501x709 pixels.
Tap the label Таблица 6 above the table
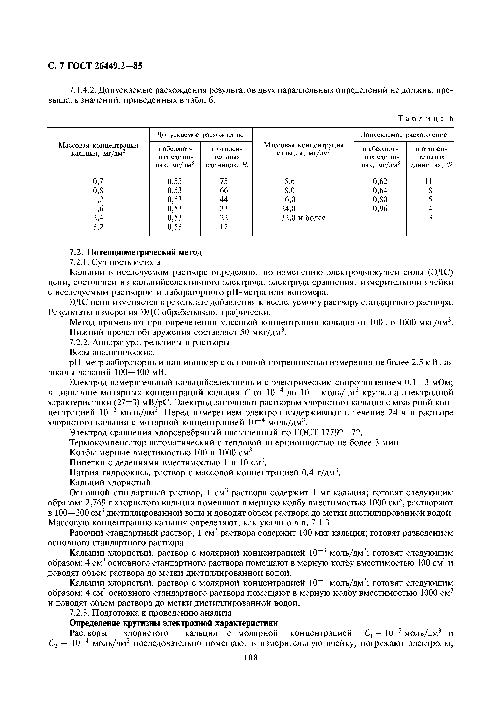point(426,119)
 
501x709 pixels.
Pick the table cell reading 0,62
point(380,181)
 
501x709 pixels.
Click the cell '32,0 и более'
point(303,218)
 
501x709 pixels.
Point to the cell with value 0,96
point(380,208)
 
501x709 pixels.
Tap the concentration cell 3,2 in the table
point(98,227)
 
